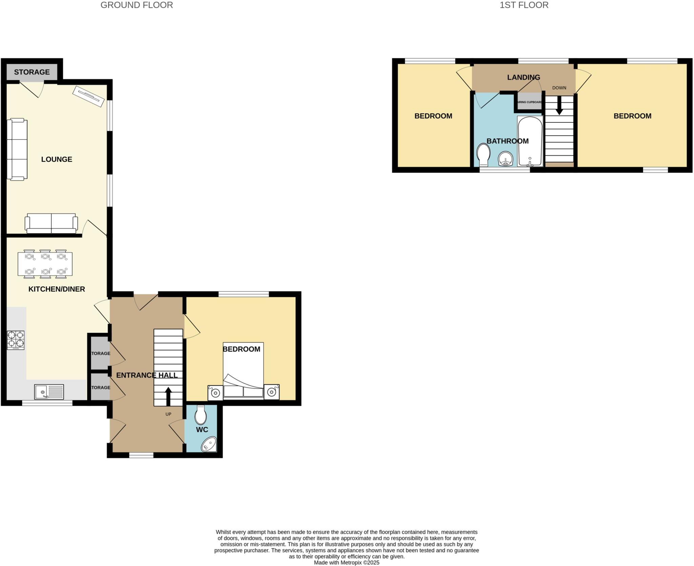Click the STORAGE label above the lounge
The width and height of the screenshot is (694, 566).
click(x=32, y=72)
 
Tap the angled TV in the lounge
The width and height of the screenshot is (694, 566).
click(x=88, y=96)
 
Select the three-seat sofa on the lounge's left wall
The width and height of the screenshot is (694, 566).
click(x=17, y=149)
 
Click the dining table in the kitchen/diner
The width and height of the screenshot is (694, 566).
click(x=45, y=264)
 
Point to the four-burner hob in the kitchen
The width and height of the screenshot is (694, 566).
click(x=16, y=340)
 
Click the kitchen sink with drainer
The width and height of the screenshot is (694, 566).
click(x=49, y=392)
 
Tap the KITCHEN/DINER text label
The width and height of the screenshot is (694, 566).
click(x=57, y=289)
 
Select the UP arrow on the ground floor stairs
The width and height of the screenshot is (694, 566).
click(x=168, y=396)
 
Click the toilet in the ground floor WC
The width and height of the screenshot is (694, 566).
click(x=201, y=415)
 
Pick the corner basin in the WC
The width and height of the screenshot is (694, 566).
click(x=209, y=444)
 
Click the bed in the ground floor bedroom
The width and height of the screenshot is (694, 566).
click(x=243, y=371)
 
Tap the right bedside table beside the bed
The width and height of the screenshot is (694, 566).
click(x=271, y=392)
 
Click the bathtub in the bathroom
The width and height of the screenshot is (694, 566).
click(x=530, y=141)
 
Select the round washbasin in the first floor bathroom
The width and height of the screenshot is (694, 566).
click(x=505, y=159)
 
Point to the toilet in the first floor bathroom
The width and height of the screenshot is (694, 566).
click(x=483, y=155)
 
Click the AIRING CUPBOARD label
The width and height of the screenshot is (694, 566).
click(x=530, y=102)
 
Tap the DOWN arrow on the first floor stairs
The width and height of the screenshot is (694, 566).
click(x=559, y=105)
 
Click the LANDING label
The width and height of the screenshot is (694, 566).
click(x=523, y=77)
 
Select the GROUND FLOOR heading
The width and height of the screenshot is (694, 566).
click(x=137, y=5)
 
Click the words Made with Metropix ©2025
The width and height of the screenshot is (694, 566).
click(x=346, y=563)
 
